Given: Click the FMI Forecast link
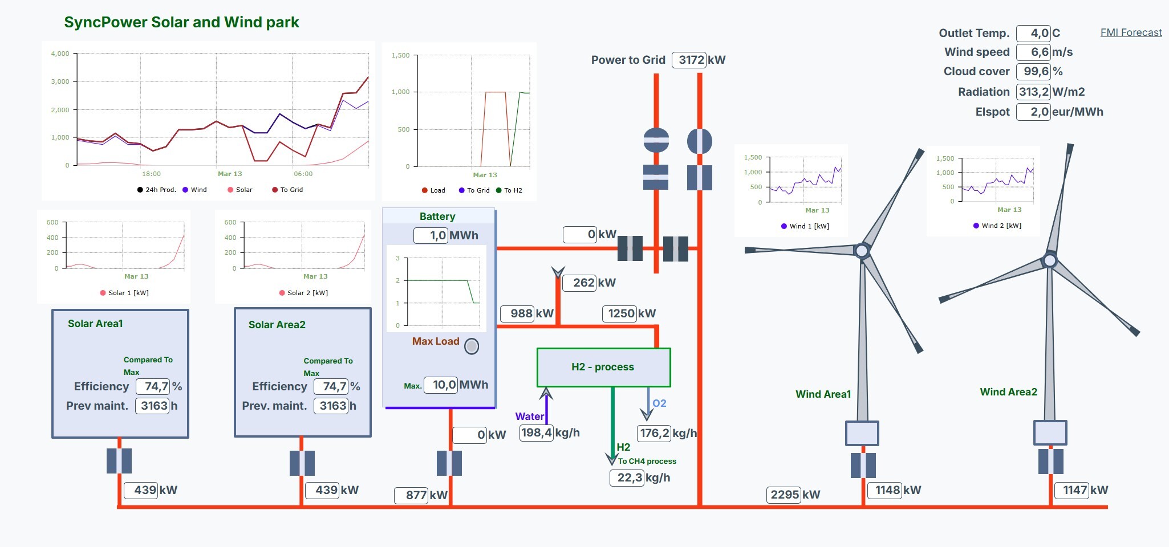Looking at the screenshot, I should point(1131,32).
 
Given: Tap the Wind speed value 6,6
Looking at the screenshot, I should point(1033,52).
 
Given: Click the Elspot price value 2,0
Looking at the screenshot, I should point(1033,112).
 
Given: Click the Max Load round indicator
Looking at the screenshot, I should point(472,346).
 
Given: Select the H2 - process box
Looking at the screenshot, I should point(603,367).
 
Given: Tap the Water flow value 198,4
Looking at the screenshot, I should point(536,433).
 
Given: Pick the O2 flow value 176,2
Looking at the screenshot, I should point(653,433).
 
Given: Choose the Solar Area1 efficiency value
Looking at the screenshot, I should point(153,386).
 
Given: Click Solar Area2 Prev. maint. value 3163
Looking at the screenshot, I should point(331,406).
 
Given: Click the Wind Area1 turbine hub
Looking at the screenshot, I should point(862,250).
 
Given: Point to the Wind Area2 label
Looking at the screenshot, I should point(1008,392).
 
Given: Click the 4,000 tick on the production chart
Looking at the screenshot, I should point(60,54).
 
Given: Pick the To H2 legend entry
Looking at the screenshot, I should point(512,190).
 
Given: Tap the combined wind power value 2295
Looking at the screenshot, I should point(784,495).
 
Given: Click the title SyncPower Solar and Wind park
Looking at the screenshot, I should point(181,22).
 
